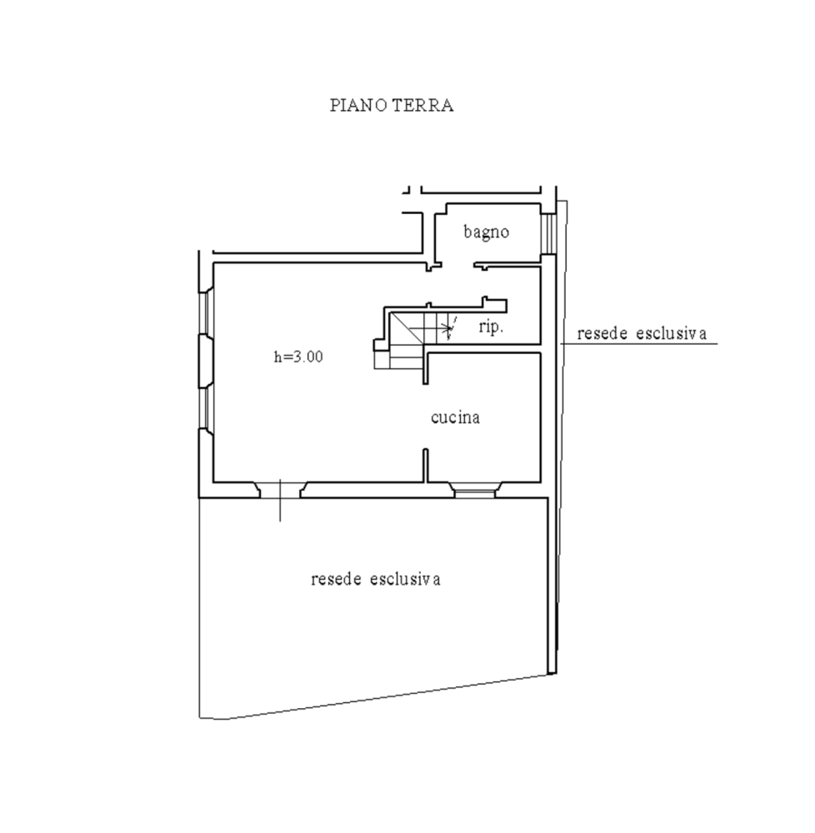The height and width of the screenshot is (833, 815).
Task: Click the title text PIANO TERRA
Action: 392,105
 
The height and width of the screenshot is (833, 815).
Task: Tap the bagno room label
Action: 486,232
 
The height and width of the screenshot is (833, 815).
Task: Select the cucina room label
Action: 455,417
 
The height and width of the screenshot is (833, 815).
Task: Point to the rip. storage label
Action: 490,327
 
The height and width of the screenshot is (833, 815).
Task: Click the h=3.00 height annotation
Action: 298,357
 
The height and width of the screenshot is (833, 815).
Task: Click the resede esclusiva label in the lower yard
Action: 376,579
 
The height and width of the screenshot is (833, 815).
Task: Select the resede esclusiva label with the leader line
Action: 642,334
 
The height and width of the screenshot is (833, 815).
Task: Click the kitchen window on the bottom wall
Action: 474,491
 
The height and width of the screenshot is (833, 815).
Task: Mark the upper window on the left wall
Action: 207,313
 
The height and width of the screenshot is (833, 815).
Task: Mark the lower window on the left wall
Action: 207,407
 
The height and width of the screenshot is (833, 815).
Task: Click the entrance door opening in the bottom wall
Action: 280,491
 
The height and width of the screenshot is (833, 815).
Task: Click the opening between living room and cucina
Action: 425,416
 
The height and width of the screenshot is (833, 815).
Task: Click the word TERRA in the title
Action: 423,105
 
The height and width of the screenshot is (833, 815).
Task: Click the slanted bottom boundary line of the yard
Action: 387,697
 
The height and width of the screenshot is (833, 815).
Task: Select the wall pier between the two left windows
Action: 206,362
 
